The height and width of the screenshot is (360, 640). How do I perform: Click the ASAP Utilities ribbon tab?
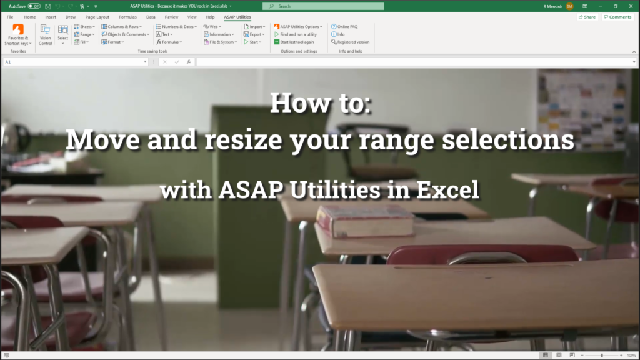coord(237,17)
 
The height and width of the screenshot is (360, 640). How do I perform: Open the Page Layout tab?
coord(97,17)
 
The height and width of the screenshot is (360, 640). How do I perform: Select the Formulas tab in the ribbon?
coord(127,17)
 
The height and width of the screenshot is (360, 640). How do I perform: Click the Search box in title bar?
coord(323,6)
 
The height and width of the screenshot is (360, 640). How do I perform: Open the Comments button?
coord(618,17)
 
